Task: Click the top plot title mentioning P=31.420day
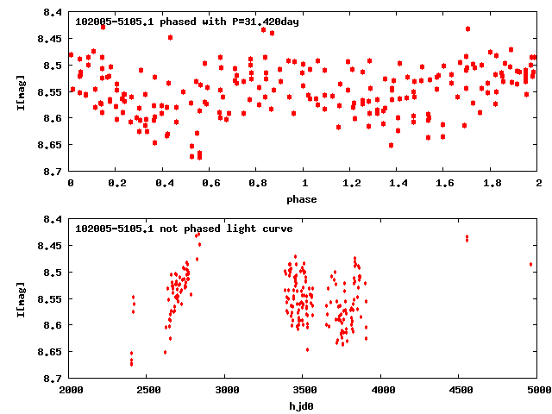coord(187,21)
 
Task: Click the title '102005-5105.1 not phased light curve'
coord(184,229)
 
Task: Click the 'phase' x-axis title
coord(302,199)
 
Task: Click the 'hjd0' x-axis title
coord(302,405)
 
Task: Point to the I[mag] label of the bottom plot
coord(21,298)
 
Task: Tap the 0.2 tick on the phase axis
coord(116,184)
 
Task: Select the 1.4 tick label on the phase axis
coord(398,184)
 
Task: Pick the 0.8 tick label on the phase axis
coord(257,184)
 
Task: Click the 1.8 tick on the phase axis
coord(492,184)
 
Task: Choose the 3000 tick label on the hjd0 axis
coord(226,390)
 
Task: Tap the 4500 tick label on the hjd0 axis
coord(460,390)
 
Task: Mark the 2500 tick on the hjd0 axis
coord(148,390)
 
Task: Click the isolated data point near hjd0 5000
coord(531,264)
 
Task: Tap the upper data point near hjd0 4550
coord(467,236)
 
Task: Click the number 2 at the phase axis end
coord(538,184)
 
